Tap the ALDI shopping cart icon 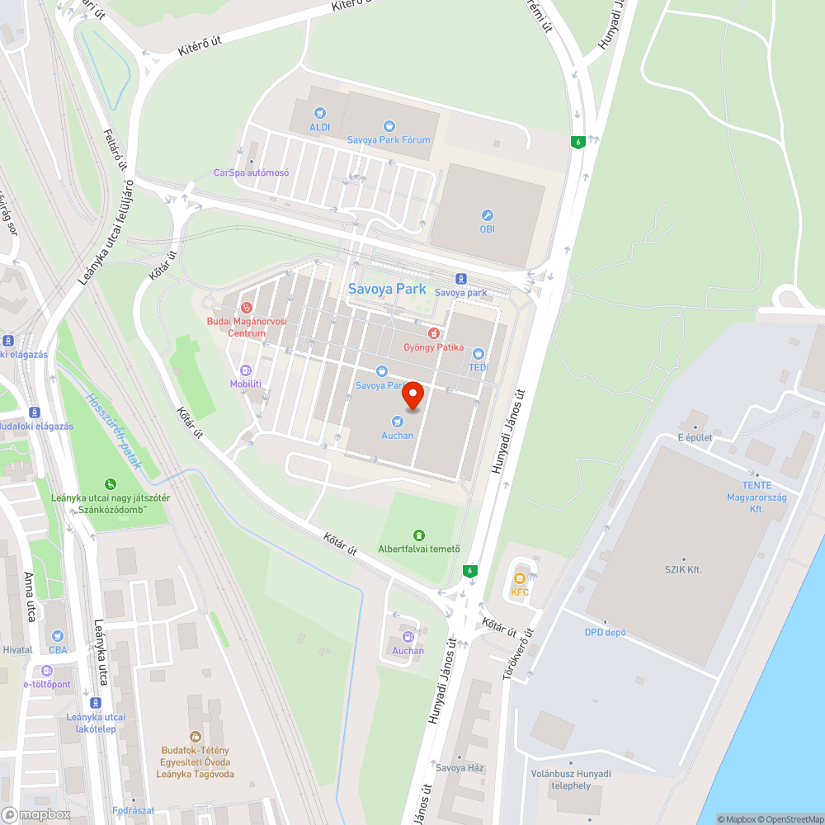coord(319,113)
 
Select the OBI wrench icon coord(488,214)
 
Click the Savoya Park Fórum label coord(389,139)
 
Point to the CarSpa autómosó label coord(251,172)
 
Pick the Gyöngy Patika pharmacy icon coord(433,332)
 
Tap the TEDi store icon coord(478,353)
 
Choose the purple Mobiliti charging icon coord(245,370)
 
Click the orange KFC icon coord(520,578)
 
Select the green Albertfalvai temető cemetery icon coord(419,535)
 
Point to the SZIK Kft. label coord(683,569)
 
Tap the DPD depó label coord(606,633)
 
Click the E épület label coord(695,437)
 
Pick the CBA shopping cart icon coord(57,636)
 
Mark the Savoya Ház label coord(460,768)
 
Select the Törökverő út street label coord(519,654)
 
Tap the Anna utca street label coord(31,596)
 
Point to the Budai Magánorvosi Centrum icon coord(245,307)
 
